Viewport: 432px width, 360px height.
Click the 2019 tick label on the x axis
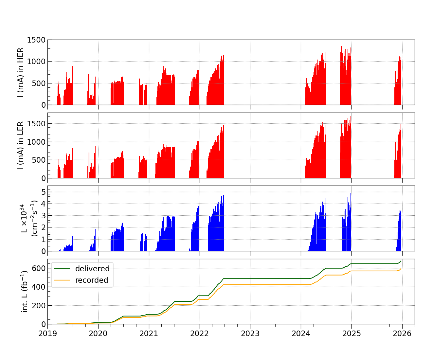point(47,334)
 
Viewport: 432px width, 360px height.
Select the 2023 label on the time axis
point(250,334)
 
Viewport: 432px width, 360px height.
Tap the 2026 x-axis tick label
point(402,334)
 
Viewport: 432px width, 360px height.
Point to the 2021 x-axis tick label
point(149,334)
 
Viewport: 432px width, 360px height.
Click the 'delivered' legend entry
point(92,269)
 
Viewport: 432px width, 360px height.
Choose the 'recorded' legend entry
point(92,280)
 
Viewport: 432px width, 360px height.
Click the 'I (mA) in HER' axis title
point(20,72)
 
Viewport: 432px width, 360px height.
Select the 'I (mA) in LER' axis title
point(20,145)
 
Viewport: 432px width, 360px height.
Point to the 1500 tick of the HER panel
point(36,40)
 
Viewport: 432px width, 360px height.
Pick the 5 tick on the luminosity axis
point(43,192)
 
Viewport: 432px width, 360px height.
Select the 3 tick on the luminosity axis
point(43,215)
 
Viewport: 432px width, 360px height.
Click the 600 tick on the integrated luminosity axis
point(39,268)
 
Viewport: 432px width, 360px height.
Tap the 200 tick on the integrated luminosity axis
point(39,305)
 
